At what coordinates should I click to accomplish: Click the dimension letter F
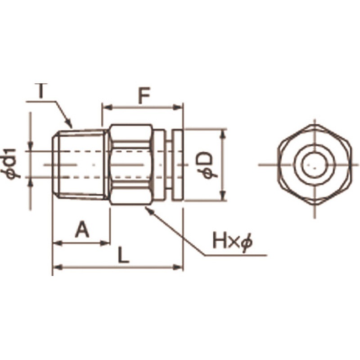(x=144, y=95)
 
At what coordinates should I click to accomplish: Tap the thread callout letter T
(x=41, y=91)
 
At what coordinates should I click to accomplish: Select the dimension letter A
(x=82, y=229)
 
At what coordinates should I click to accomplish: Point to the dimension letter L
(x=123, y=255)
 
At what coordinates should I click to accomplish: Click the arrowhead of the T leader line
(x=70, y=125)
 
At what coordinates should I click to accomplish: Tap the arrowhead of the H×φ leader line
(x=148, y=210)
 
